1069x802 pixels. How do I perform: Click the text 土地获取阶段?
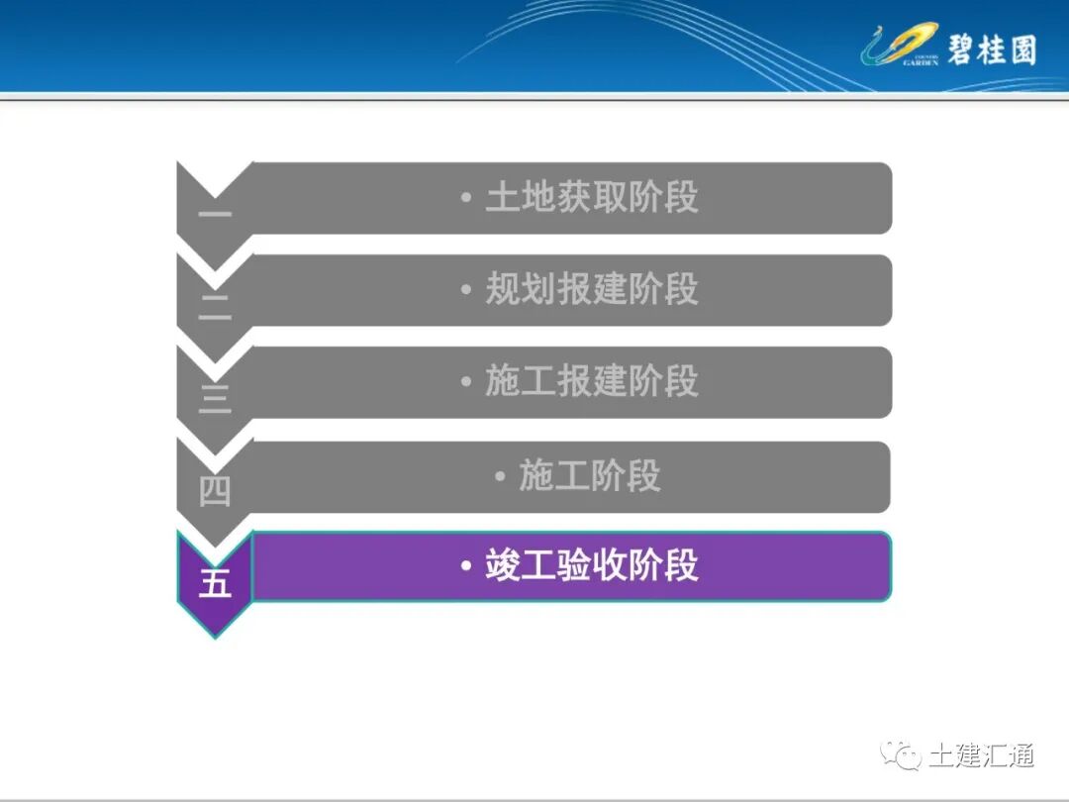point(591,198)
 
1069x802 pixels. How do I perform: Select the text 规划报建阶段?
point(591,289)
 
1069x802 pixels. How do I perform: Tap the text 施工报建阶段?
point(591,381)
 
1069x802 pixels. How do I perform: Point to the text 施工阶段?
point(589,476)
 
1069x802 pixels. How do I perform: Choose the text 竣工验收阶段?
point(591,566)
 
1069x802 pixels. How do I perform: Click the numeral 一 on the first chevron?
point(215,214)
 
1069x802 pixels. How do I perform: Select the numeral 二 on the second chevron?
point(215,307)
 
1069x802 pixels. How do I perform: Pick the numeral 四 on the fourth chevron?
point(215,491)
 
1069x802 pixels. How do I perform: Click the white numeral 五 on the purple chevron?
point(215,582)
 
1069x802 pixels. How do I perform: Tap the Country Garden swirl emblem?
point(897,46)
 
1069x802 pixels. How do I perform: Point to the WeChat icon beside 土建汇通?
point(903,756)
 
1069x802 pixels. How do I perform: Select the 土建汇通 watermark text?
point(981,756)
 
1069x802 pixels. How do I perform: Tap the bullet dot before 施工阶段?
point(500,477)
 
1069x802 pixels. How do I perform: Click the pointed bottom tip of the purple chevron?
point(215,635)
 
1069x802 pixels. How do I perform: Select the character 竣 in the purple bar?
point(502,566)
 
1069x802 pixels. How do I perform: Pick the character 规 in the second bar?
point(502,289)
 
